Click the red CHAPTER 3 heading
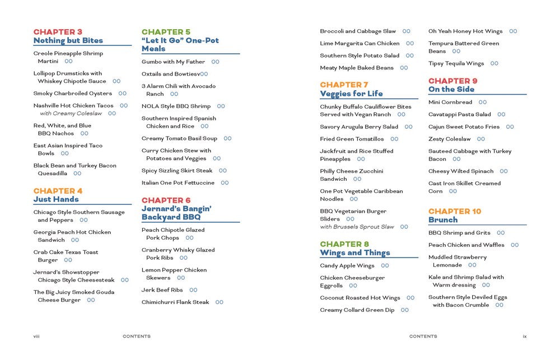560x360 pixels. pyautogui.click(x=58, y=32)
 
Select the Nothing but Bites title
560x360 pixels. pyautogui.click(x=68, y=40)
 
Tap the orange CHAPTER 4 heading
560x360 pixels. pyautogui.click(x=58, y=191)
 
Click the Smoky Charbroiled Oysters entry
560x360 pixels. pyautogui.click(x=72, y=93)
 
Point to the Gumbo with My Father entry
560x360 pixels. pyautogui.click(x=173, y=62)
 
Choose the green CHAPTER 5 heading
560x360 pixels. pyautogui.click(x=166, y=32)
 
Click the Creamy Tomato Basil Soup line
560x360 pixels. pyautogui.click(x=179, y=138)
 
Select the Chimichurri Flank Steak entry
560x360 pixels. pyautogui.click(x=175, y=302)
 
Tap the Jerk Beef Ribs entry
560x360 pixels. pyautogui.click(x=162, y=290)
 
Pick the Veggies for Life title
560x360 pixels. pyautogui.click(x=351, y=93)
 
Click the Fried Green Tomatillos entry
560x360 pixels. pyautogui.click(x=352, y=139)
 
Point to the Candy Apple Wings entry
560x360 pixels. pyautogui.click(x=347, y=266)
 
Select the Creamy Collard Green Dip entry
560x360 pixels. pyautogui.click(x=357, y=310)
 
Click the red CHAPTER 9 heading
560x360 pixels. pyautogui.click(x=453, y=81)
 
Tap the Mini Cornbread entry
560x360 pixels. pyautogui.click(x=450, y=102)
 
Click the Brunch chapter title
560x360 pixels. pyautogui.click(x=443, y=219)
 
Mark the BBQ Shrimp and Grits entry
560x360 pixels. pyautogui.click(x=459, y=233)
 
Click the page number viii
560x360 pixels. pyautogui.click(x=36, y=336)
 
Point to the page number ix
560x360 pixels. pyautogui.click(x=525, y=336)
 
